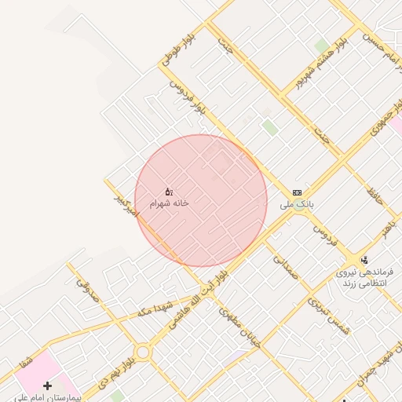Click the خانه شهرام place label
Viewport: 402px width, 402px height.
[x=170, y=203]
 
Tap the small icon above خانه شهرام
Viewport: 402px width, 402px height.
[x=169, y=192]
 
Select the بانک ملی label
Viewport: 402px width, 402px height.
[x=297, y=203]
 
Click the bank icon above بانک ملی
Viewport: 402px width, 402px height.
[x=297, y=192]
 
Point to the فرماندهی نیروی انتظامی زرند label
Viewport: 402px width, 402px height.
[x=365, y=276]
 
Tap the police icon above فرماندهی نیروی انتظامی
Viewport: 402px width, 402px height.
[x=364, y=260]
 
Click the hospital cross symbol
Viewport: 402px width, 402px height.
[x=48, y=386]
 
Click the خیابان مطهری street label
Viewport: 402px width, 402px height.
[x=239, y=331]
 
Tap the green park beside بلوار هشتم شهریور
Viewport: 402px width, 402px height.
[x=321, y=45]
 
